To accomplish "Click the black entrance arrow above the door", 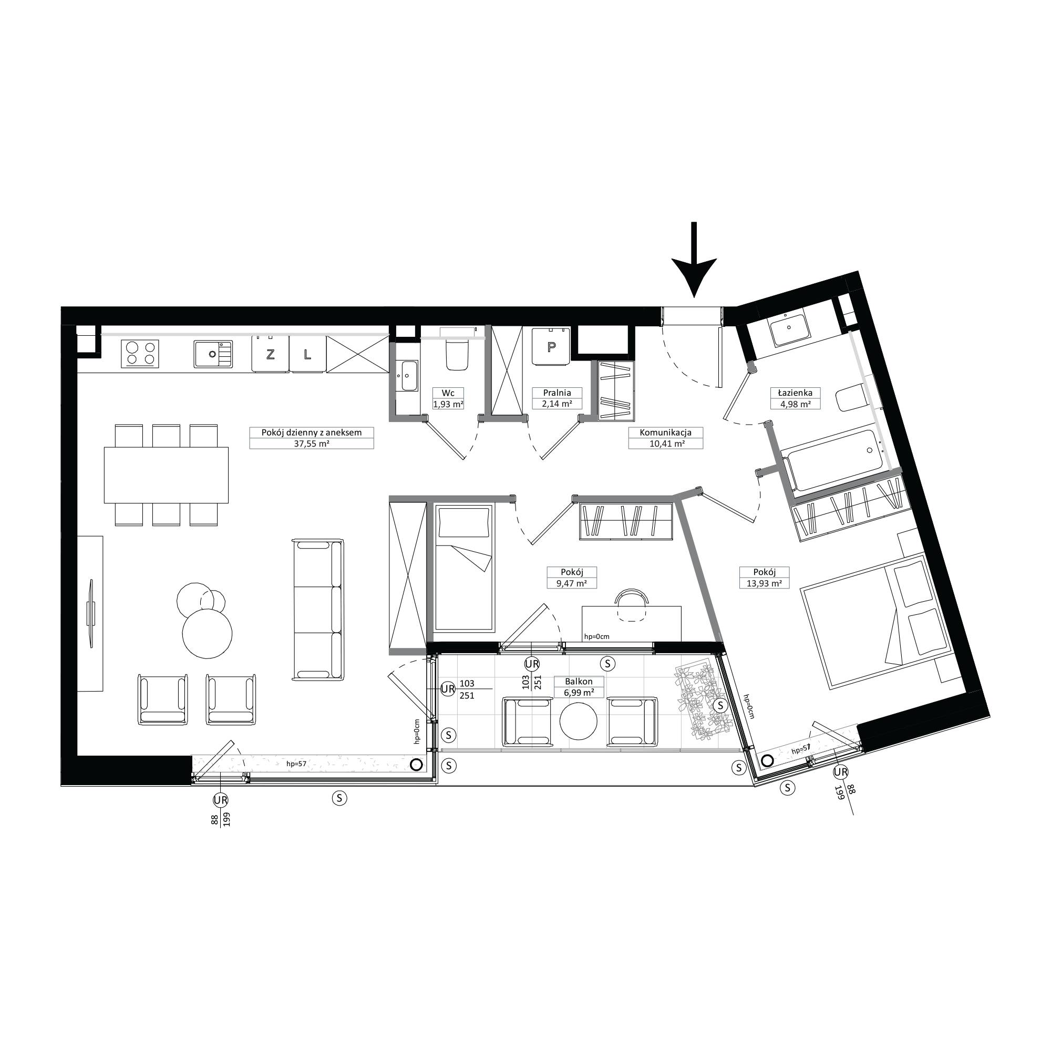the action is (694, 260).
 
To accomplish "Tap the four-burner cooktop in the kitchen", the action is (142, 354).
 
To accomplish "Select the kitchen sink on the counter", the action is (213, 354).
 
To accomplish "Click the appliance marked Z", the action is (270, 354).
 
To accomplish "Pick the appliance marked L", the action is (307, 354).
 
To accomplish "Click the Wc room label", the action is (448, 393).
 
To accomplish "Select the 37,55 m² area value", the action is (311, 444).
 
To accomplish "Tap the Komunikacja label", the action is (665, 432).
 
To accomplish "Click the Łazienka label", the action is (795, 392).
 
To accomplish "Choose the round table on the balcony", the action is (579, 722).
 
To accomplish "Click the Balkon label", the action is (579, 682).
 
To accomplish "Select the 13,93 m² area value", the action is (764, 583).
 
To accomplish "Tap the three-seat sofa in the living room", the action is (318, 609).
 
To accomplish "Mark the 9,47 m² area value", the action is (572, 583).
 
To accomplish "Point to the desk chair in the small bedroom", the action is (631, 605).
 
